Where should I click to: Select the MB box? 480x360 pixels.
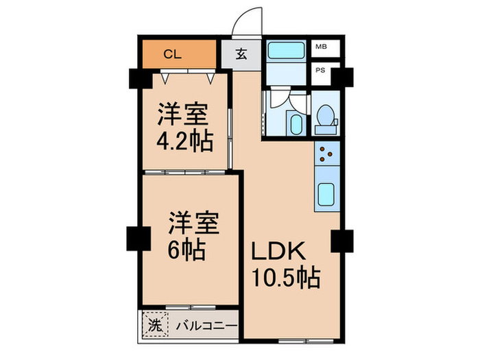click(x=320, y=47)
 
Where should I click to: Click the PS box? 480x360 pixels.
click(x=320, y=70)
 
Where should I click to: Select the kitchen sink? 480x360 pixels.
click(x=326, y=197)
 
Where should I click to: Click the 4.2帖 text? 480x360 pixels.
click(x=183, y=142)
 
